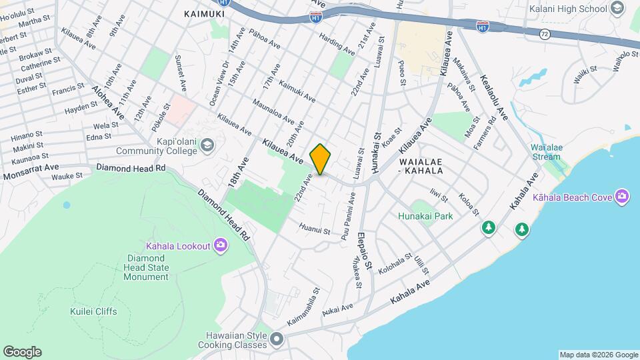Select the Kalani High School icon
pyautogui.click(x=617, y=9)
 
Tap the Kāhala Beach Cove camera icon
pyautogui.click(x=623, y=196)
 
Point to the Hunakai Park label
pyautogui.click(x=425, y=216)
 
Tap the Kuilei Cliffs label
pyautogui.click(x=93, y=311)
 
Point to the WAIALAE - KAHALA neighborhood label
pyautogui.click(x=421, y=166)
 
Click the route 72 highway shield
pyautogui.click(x=545, y=33)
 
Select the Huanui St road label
pyautogui.click(x=315, y=230)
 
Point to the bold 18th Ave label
pyautogui.click(x=241, y=172)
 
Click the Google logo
pyautogui.click(x=22, y=352)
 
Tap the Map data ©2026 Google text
pyautogui.click(x=598, y=355)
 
